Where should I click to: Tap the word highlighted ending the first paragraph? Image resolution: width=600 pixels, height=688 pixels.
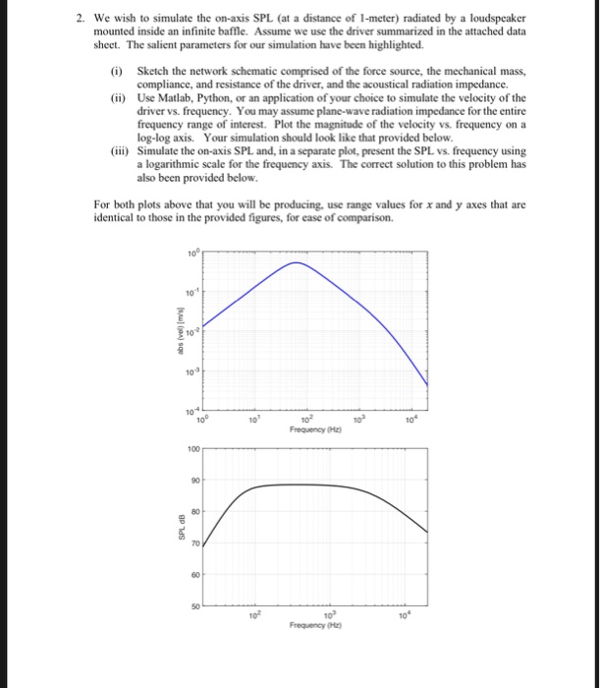394,45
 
